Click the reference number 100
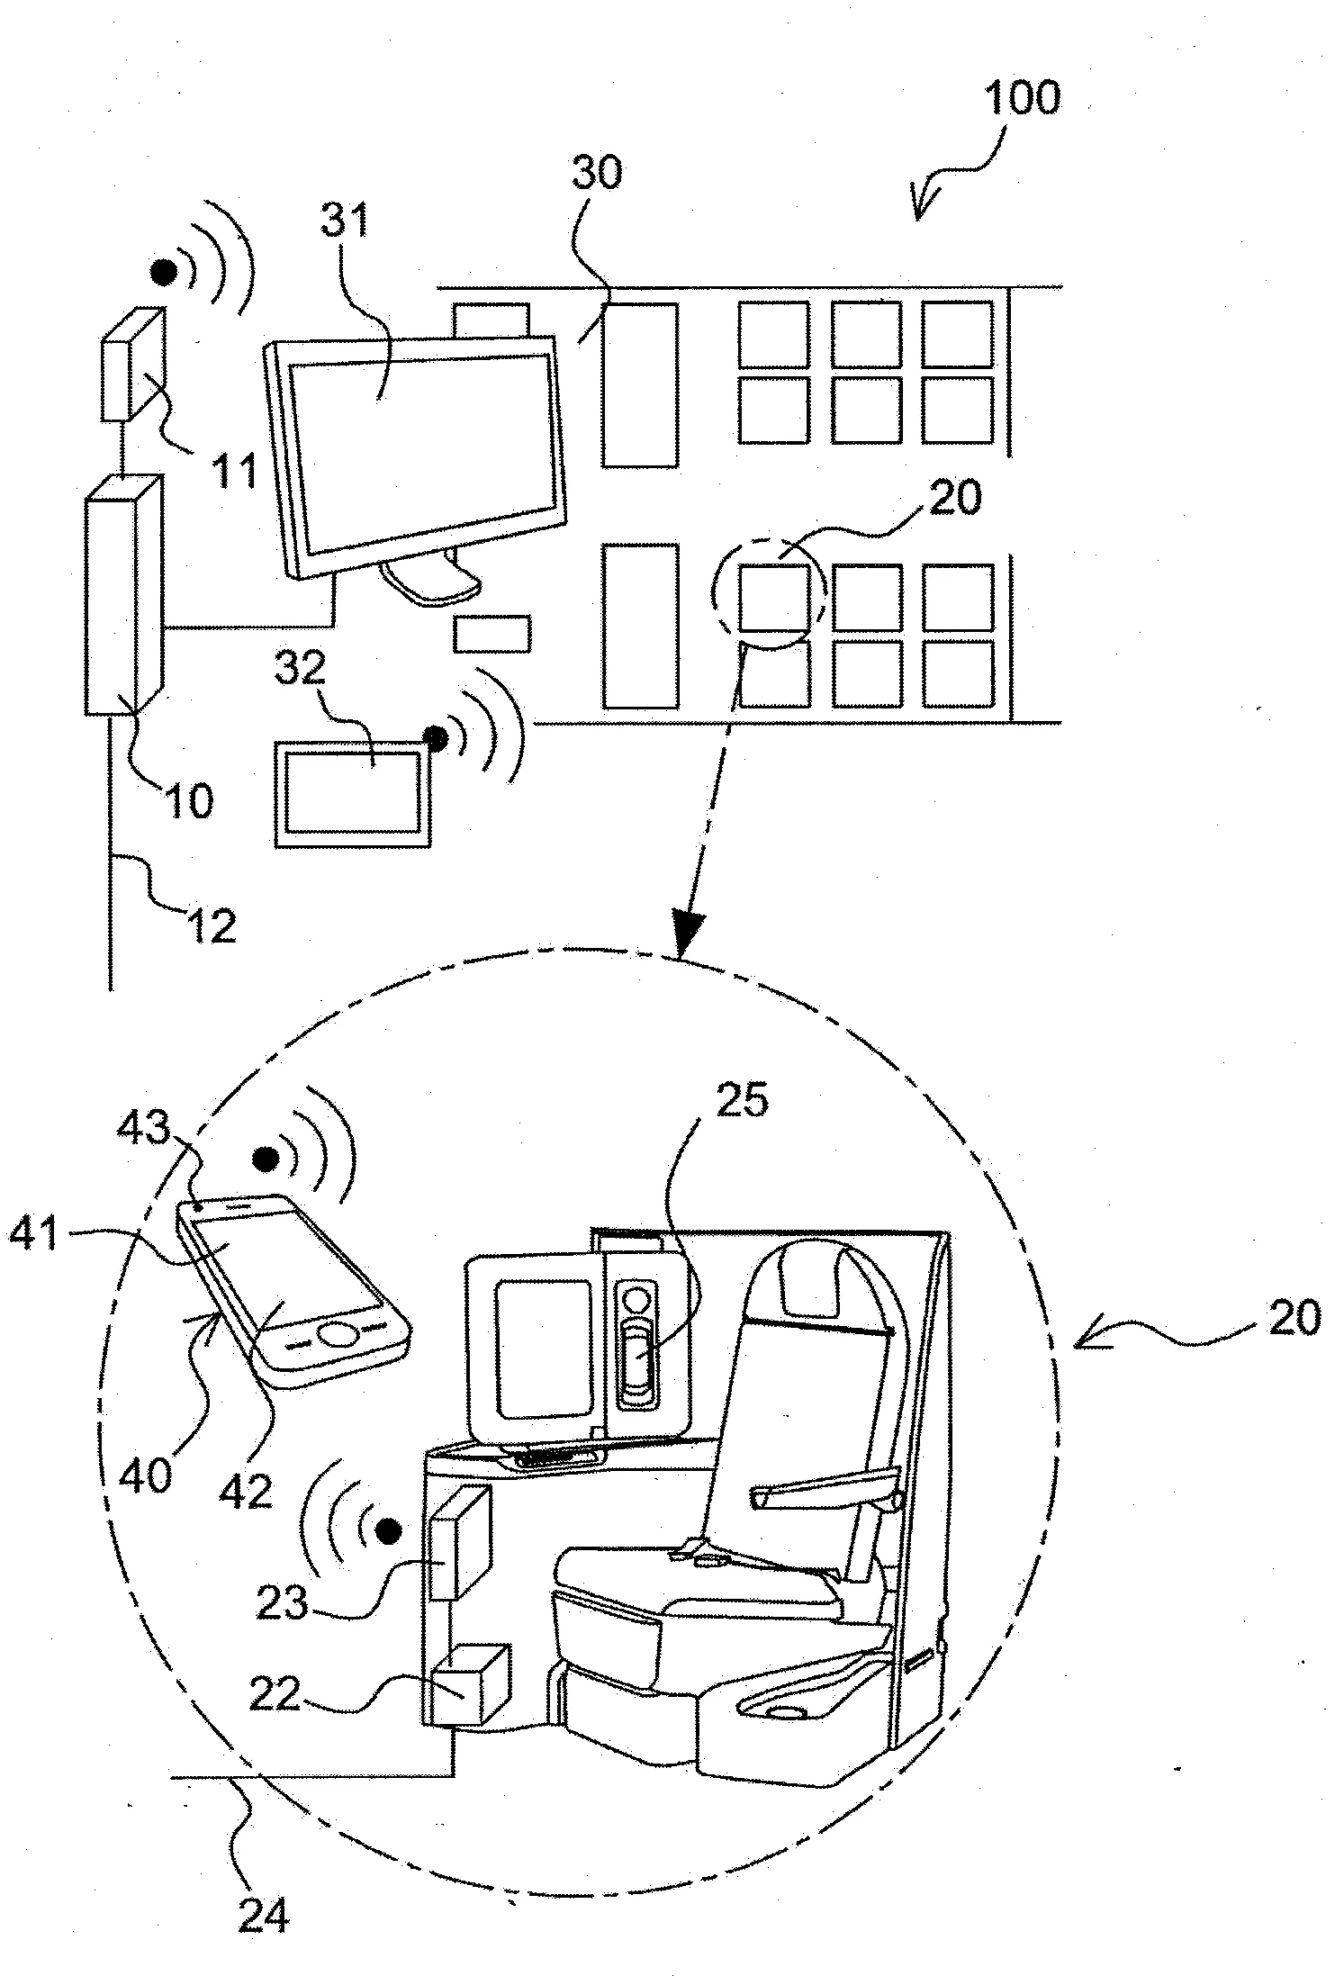pyautogui.click(x=1021, y=97)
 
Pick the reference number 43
pyautogui.click(x=147, y=1127)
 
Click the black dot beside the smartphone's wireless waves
pyautogui.click(x=264, y=1158)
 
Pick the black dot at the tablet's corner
pyautogui.click(x=437, y=738)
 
